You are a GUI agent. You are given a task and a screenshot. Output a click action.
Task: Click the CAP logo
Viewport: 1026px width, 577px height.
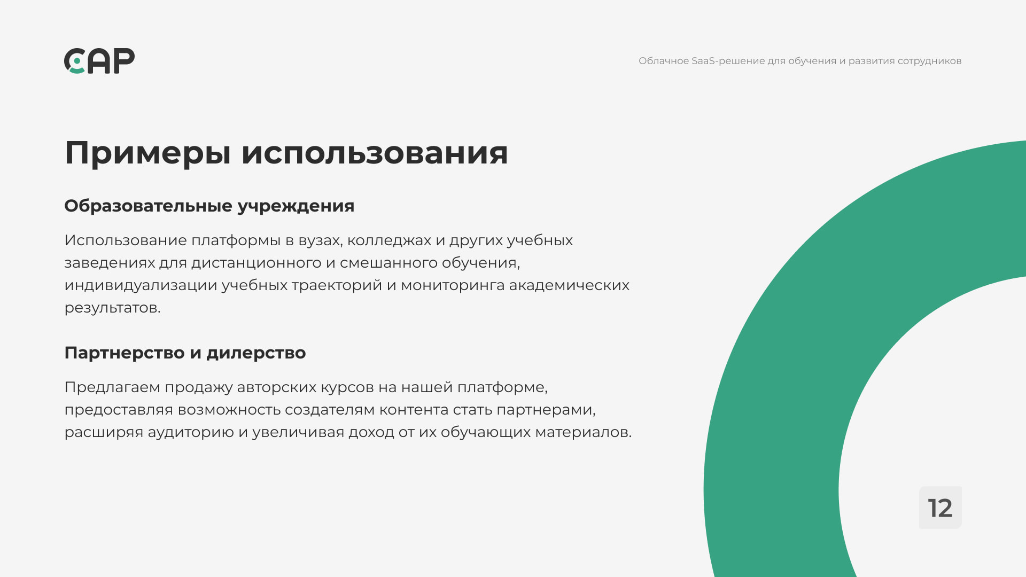99,61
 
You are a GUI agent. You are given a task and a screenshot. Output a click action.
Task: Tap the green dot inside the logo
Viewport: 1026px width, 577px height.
77,61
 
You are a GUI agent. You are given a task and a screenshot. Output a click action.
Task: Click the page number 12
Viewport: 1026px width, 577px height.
940,508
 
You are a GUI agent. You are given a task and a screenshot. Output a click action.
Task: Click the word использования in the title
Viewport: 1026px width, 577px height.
375,153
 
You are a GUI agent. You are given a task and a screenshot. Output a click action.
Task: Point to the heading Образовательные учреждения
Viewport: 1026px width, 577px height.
209,206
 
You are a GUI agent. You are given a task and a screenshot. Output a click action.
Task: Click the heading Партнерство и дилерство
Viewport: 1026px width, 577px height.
185,353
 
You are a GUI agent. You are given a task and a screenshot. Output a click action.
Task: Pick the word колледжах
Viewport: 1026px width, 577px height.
389,241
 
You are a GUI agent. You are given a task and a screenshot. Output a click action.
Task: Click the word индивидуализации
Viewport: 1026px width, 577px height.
141,286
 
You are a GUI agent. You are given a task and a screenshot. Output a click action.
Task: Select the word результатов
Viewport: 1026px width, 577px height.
112,308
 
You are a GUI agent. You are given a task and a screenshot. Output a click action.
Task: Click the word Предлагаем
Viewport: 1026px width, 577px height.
112,388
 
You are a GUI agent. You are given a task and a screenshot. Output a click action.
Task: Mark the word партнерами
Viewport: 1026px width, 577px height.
546,410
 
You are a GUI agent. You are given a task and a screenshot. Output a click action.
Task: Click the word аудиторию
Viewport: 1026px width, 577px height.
191,433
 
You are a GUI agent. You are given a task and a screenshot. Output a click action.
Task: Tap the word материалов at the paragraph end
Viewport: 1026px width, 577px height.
584,433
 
